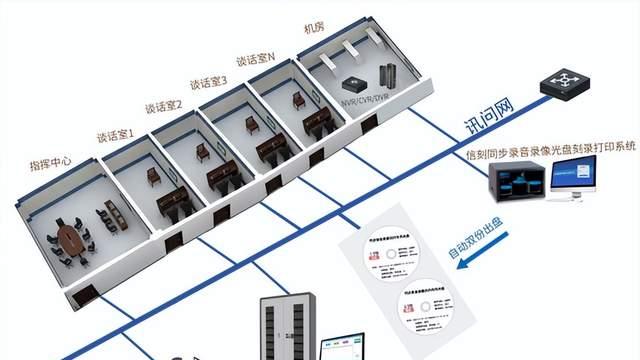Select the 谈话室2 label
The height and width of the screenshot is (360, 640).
(x=162, y=104)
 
